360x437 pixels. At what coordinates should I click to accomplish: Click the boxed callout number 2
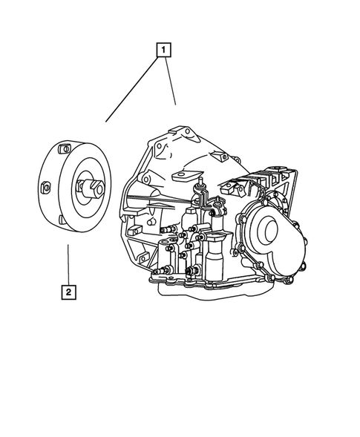[x=68, y=292]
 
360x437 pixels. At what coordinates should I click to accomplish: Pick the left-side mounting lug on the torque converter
[x=44, y=188]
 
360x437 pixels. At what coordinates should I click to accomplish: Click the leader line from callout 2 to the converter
[x=68, y=263]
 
